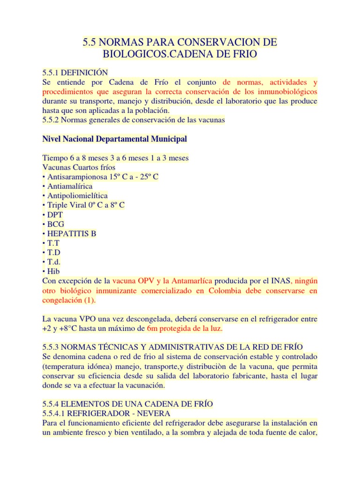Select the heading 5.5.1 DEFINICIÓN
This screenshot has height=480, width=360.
[x=75, y=72]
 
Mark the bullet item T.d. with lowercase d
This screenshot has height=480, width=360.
[x=53, y=262]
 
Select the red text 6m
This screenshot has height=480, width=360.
[x=152, y=329]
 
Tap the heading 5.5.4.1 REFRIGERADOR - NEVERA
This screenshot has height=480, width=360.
[x=106, y=413]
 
